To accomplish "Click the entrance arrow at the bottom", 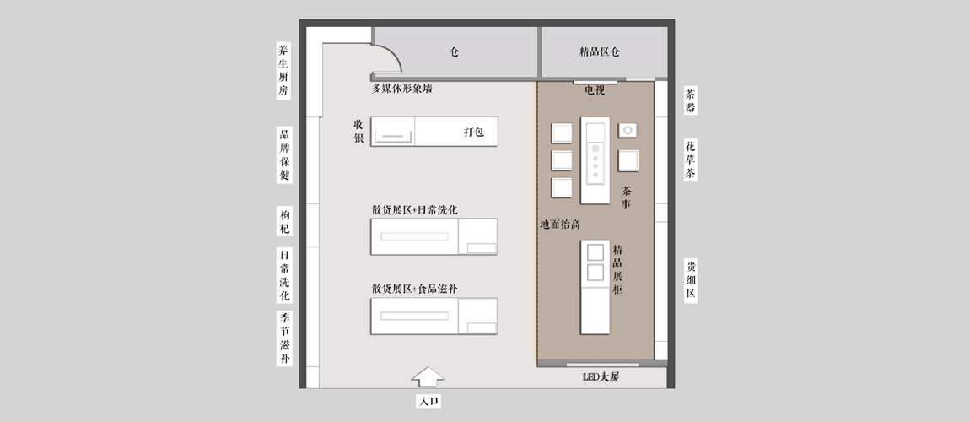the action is coord(428,376).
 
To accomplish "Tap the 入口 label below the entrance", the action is coord(428,402).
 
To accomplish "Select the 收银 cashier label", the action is coord(358,131).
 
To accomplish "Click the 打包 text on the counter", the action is coord(474,132).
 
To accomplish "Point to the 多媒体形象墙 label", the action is coord(401,89).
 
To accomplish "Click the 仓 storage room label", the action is coord(454,52).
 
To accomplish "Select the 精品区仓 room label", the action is coord(600,52).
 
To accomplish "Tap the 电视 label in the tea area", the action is coord(595,90).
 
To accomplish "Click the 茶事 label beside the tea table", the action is coord(626,197).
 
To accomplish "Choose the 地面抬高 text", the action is coord(560,225).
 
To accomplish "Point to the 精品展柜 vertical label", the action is coord(617,269).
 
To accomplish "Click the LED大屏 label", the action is coord(601,376).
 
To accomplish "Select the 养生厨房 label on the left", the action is coord(283,71).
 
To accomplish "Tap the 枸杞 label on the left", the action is coord(284,221).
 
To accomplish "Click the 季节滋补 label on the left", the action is coord(284,338).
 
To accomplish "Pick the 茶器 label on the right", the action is coord(690,101).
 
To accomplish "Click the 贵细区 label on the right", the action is coord(690,279).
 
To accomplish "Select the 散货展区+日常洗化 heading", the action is coord(414,210).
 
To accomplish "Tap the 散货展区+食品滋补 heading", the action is coord(414,289).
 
